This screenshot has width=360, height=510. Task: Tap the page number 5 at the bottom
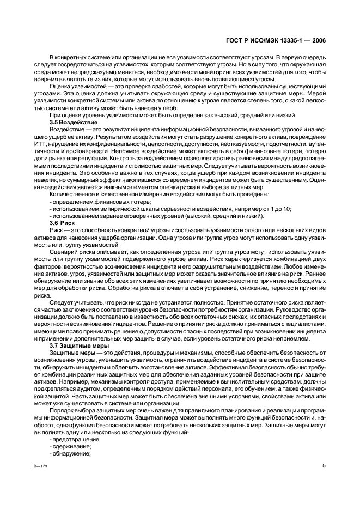tap(324, 467)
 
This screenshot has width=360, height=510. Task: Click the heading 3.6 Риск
tap(62, 223)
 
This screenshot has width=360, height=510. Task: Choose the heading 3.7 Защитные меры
tap(78, 345)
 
